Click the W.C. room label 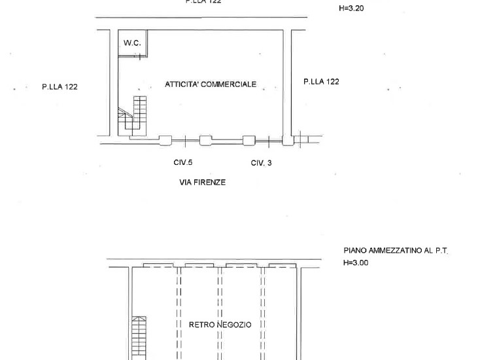coord(132,43)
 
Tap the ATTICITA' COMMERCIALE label coord(211,84)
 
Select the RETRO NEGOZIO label coord(220,325)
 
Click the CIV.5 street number coord(182,162)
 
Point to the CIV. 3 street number coord(261,163)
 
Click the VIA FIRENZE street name coord(202,183)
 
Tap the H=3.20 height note coord(351,9)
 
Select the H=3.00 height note coord(356,262)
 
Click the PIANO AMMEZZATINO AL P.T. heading coord(396,251)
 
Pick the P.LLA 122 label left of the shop coord(60,86)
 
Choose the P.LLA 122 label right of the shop coord(321,82)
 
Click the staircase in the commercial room coord(133,117)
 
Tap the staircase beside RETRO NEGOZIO coord(139,338)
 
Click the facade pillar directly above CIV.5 coord(165,141)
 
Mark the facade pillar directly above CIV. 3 coord(249,141)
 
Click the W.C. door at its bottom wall coord(139,56)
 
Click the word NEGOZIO coord(234,325)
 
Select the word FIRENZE coord(211,183)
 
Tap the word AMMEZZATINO coord(395,251)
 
